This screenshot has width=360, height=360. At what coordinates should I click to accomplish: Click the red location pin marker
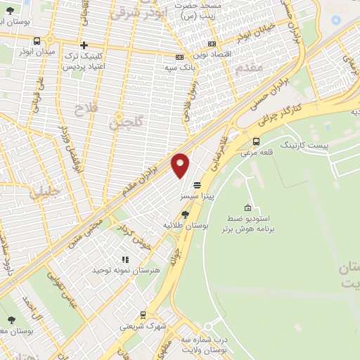(181, 165)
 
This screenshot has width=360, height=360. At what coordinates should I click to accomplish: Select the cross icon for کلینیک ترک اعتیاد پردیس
(83, 44)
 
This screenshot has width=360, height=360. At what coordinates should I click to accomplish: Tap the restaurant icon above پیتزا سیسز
(197, 184)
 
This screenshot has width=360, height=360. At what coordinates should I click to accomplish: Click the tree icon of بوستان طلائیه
(184, 214)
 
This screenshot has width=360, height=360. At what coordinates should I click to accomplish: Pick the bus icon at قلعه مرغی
(255, 141)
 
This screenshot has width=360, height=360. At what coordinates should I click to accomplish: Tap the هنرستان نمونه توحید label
(127, 270)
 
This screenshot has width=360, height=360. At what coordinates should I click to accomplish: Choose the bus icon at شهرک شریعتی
(143, 316)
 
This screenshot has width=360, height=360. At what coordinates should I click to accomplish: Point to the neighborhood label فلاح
(84, 109)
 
